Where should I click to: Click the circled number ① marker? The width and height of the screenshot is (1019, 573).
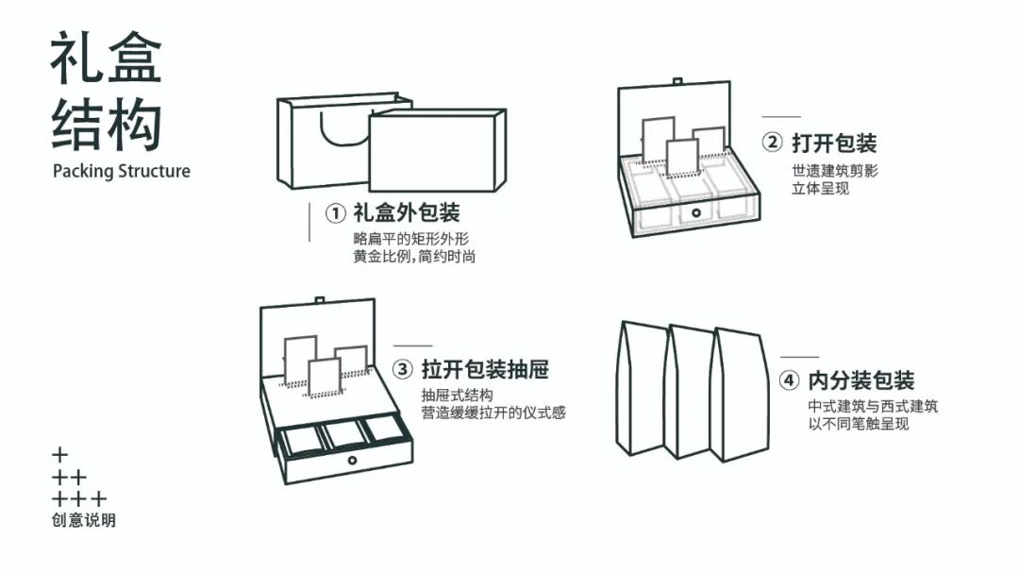(336, 213)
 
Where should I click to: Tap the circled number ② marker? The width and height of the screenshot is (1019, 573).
(772, 143)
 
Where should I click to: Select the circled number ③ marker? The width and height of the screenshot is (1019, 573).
(403, 369)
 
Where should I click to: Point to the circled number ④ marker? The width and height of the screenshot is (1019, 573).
(789, 381)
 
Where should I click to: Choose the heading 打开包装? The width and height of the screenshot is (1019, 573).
(834, 143)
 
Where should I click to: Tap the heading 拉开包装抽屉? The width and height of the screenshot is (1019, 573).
(485, 369)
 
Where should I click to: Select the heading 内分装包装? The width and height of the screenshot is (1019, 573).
(861, 381)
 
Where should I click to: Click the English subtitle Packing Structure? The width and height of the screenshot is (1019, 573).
(121, 171)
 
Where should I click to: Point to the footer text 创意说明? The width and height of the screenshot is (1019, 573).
(84, 520)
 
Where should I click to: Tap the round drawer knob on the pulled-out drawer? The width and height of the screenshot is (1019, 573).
(352, 460)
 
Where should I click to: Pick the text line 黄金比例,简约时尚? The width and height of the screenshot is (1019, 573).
(414, 256)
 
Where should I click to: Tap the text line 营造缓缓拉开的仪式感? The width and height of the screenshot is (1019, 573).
(493, 413)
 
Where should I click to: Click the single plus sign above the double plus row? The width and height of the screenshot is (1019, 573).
(60, 455)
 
